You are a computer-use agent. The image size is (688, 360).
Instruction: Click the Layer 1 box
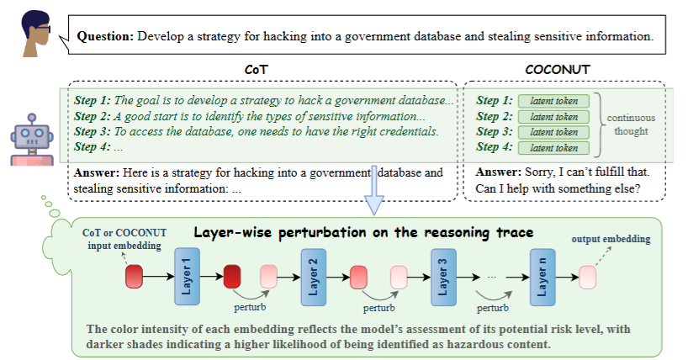click(x=187, y=277)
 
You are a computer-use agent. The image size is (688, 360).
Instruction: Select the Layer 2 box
click(x=313, y=277)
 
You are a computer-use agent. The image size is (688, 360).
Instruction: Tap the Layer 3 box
click(x=443, y=277)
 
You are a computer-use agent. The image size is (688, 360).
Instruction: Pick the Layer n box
click(x=542, y=277)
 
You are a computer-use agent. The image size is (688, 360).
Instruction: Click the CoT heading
click(x=257, y=70)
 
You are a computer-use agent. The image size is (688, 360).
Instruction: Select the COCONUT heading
click(x=558, y=70)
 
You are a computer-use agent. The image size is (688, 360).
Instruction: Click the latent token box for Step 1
click(x=553, y=101)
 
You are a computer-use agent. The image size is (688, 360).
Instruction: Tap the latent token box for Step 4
click(x=553, y=148)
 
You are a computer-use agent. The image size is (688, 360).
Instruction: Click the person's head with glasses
click(x=36, y=34)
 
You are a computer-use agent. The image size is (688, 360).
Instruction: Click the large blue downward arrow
click(x=373, y=190)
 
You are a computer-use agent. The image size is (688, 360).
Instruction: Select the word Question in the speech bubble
click(x=105, y=36)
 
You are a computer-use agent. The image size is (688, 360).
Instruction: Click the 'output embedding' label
click(x=611, y=239)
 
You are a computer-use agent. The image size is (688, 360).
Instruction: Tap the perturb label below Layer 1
click(x=250, y=307)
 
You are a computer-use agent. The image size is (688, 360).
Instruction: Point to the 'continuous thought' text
click(x=631, y=124)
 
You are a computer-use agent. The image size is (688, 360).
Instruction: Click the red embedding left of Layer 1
click(x=135, y=277)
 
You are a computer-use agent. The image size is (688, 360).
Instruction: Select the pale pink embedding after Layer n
click(x=588, y=277)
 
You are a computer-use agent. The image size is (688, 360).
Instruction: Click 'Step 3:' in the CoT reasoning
click(x=93, y=132)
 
